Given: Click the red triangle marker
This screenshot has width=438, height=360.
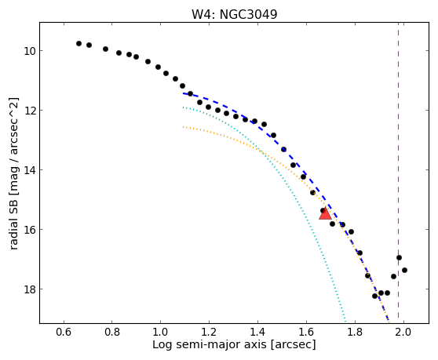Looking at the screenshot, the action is pos(326,214).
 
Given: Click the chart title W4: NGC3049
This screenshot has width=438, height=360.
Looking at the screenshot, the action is pos(235,14).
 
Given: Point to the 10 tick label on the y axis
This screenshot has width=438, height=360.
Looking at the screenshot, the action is pos(30,51).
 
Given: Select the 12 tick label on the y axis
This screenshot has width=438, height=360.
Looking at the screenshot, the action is pos(30,111).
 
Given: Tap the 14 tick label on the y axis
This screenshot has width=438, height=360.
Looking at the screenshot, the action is pos(30,170).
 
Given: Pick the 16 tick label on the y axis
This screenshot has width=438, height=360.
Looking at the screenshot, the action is pos(30,230).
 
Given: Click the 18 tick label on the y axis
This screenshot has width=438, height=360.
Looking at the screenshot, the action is pos(30,289).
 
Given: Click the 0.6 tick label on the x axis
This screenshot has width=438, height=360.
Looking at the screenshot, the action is pos(64,332).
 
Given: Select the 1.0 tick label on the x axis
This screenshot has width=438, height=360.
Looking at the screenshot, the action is pos(160,332).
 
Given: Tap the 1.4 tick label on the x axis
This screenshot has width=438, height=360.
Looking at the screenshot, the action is pos(257,332).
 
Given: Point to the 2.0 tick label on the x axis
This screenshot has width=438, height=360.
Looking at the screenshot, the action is pos(403,332).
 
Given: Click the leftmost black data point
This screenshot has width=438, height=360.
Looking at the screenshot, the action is pos(78,44).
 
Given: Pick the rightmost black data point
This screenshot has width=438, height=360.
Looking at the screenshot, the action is pos(404,270).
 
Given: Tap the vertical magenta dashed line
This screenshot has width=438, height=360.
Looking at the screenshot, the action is pos(398,173).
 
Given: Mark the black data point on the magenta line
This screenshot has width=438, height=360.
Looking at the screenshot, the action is pos(399,257).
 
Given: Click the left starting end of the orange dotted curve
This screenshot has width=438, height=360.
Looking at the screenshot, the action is pos(183,127).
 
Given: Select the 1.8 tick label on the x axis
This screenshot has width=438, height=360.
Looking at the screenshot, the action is pos(355,332).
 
